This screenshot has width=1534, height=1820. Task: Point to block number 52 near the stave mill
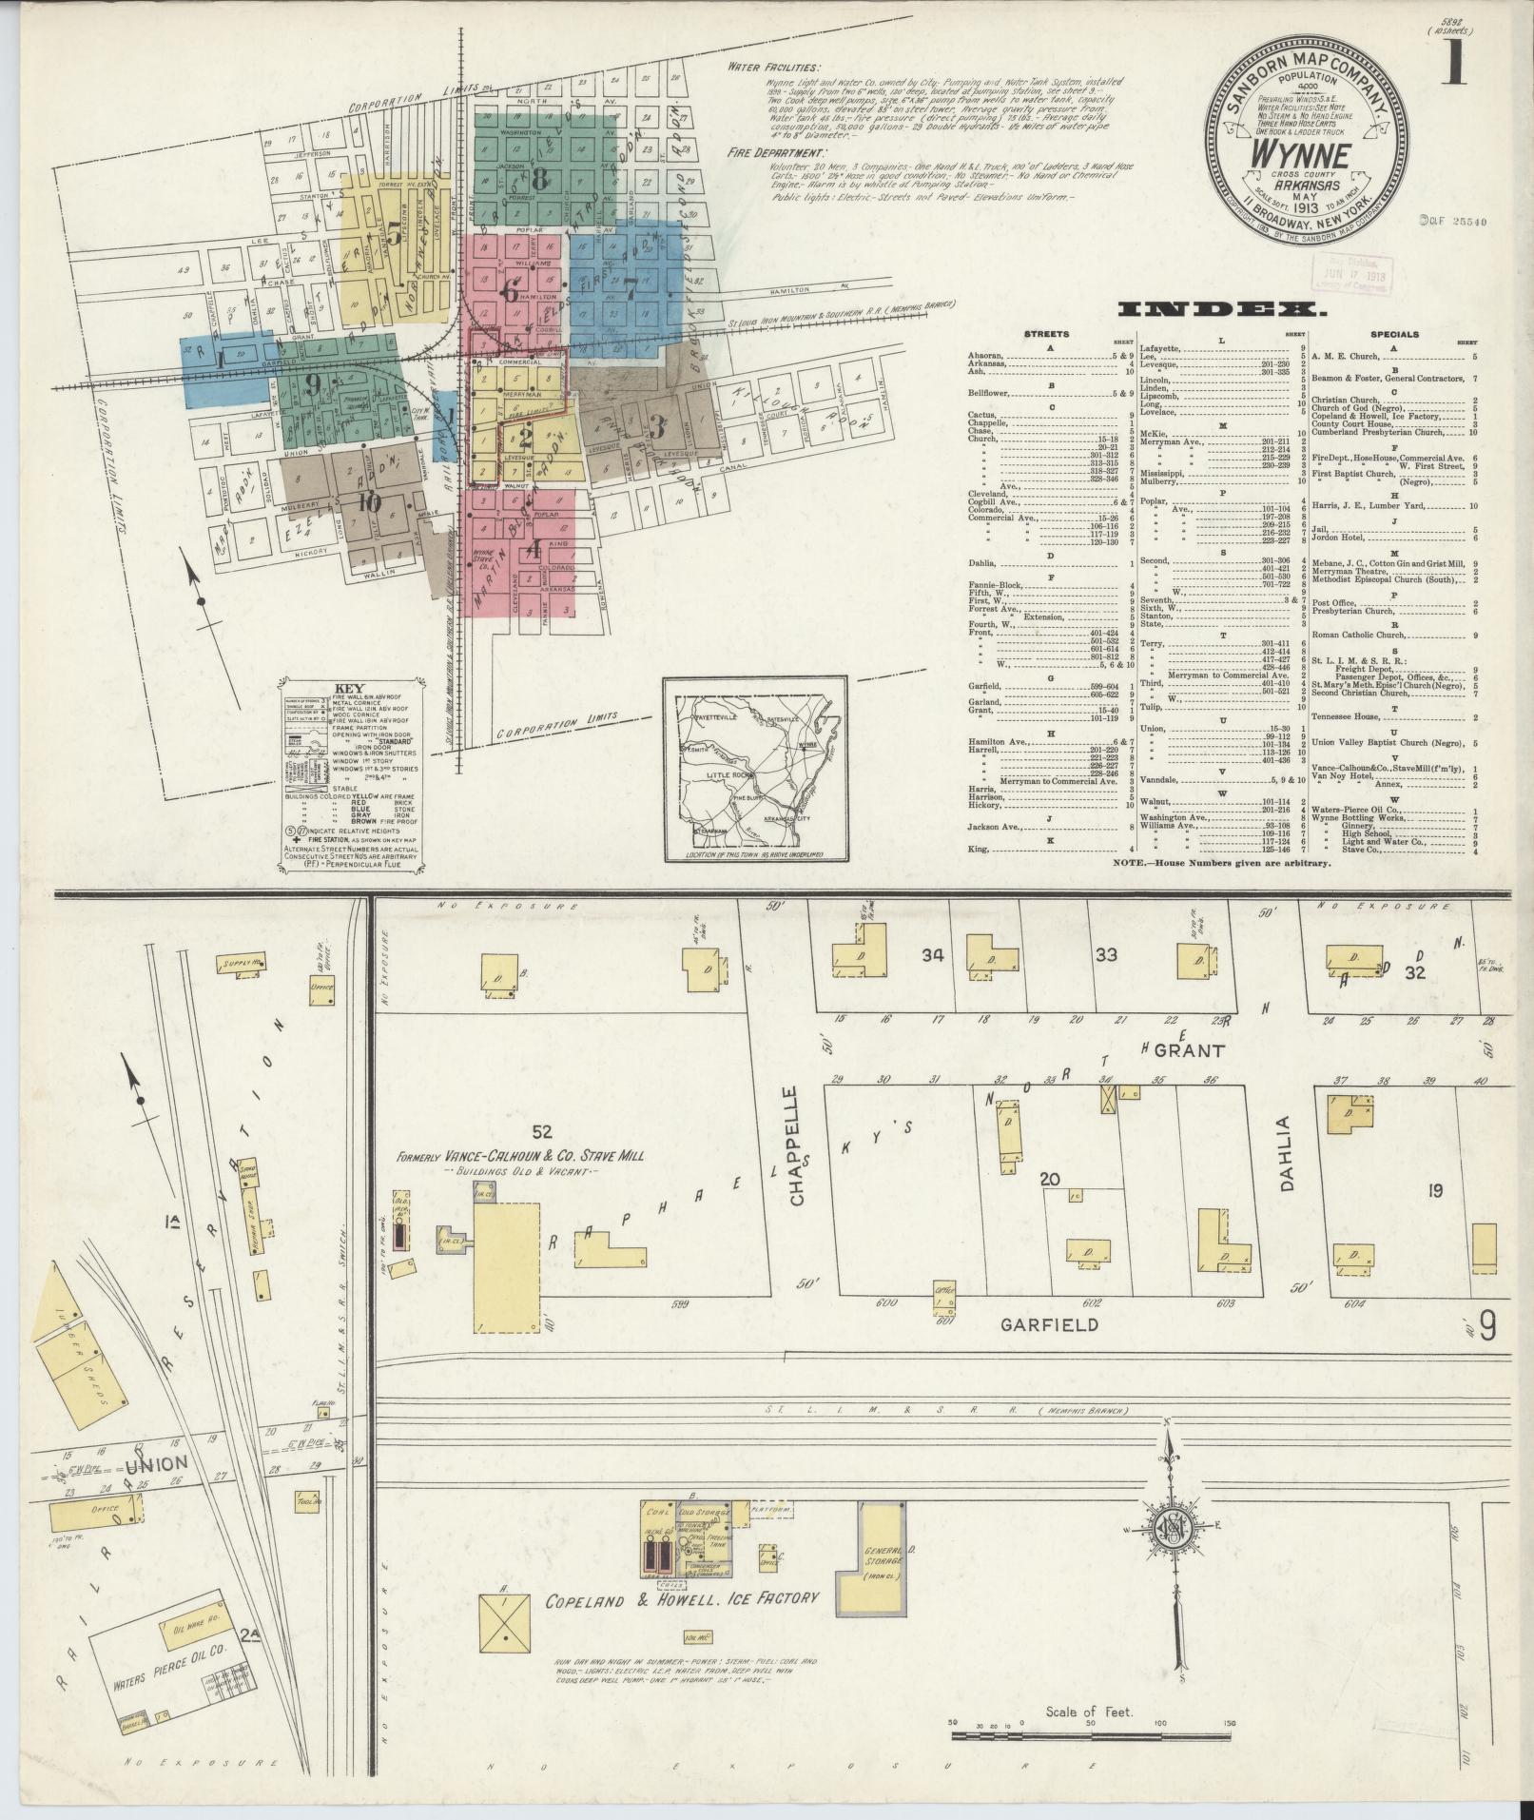(x=542, y=1131)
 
